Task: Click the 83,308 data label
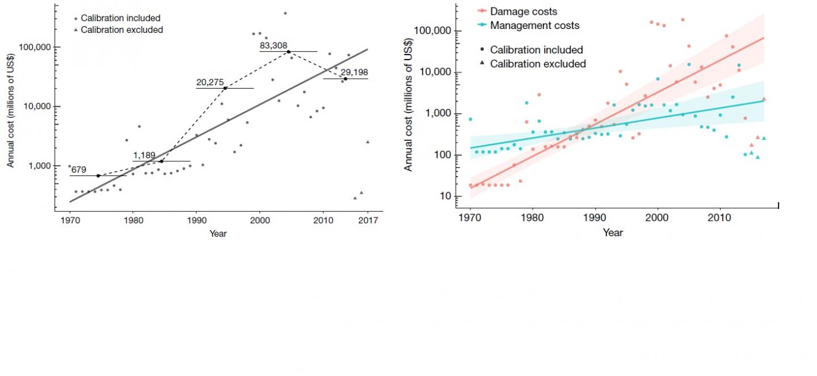point(273,46)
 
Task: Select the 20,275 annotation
point(210,82)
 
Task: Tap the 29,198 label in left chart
point(355,72)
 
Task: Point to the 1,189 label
point(144,155)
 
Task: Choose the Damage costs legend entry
point(523,11)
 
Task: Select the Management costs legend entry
point(534,25)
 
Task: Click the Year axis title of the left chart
point(218,233)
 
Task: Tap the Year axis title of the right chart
point(613,232)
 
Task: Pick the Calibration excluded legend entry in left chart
point(121,30)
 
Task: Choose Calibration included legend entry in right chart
point(536,50)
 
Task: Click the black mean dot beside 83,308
point(288,52)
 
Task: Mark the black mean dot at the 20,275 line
point(225,88)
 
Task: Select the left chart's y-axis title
point(10,107)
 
